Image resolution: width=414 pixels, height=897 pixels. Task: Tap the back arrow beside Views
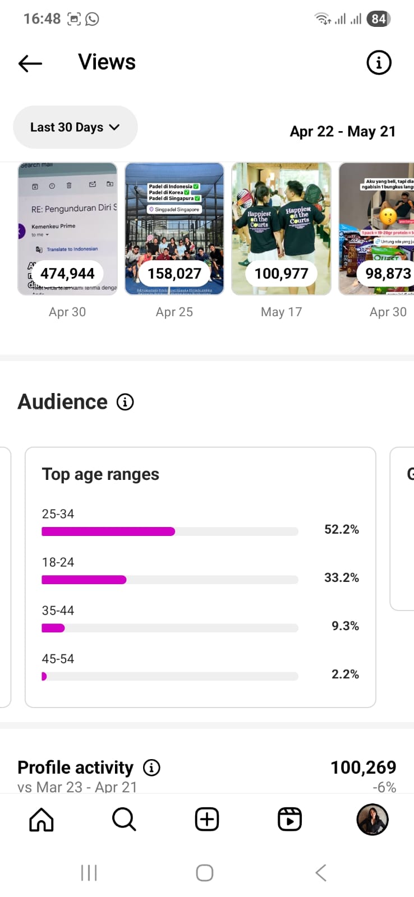point(30,63)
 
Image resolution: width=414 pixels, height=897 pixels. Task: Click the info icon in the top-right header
point(379,62)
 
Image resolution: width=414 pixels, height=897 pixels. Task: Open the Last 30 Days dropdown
point(75,127)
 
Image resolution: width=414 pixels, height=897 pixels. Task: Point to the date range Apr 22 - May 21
point(343,131)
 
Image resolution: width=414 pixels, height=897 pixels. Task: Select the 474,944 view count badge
point(67,274)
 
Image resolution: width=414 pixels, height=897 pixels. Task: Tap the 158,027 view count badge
point(174,274)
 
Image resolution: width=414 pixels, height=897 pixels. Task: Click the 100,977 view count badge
point(281,274)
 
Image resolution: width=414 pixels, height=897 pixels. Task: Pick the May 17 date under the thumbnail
point(281,312)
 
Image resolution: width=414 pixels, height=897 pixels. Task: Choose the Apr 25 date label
point(174,312)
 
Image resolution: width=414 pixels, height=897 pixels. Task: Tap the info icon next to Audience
point(125,402)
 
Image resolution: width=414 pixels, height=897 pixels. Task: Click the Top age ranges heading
point(100,474)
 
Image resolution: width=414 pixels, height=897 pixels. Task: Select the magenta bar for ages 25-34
point(108,531)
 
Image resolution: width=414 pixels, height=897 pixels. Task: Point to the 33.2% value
point(341,577)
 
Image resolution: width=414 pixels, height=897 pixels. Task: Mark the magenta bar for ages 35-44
point(53,628)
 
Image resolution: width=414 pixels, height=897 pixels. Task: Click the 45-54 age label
point(58,659)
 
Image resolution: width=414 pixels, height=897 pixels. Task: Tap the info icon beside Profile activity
point(151,767)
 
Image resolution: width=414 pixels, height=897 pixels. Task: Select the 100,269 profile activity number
point(363,767)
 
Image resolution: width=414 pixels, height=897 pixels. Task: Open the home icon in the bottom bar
point(42,820)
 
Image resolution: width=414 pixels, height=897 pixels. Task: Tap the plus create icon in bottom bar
point(207,820)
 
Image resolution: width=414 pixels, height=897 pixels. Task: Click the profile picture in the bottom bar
point(372,820)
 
